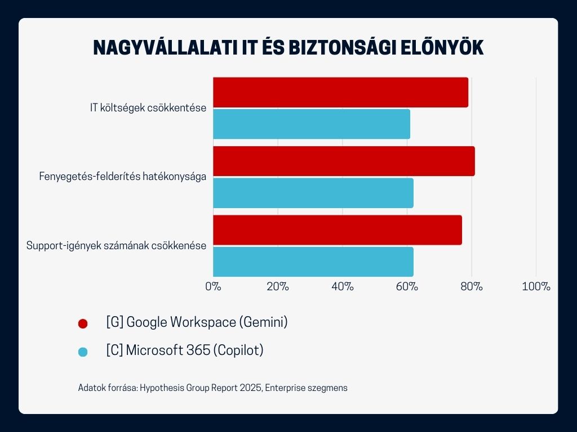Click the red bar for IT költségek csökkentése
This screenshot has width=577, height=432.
(340, 92)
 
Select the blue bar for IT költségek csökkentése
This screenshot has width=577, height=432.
(312, 124)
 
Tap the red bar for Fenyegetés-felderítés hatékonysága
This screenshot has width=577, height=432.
(344, 161)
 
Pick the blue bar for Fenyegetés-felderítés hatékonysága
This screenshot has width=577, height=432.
(313, 193)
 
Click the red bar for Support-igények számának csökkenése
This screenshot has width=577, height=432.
(338, 230)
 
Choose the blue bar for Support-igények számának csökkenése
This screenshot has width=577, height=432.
(313, 262)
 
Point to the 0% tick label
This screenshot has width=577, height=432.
(213, 286)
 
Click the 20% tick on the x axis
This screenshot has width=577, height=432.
(278, 286)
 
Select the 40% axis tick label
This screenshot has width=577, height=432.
(343, 286)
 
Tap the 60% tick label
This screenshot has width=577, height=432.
(407, 286)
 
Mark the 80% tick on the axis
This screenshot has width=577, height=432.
(472, 286)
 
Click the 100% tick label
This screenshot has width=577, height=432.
(536, 286)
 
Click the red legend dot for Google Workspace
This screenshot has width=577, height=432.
(83, 323)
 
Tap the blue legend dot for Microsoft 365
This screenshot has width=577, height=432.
(83, 352)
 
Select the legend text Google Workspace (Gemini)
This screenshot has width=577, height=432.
(197, 322)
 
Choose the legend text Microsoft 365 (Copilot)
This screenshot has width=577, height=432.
(185, 350)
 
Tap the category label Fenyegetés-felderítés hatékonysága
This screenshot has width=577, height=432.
(122, 177)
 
